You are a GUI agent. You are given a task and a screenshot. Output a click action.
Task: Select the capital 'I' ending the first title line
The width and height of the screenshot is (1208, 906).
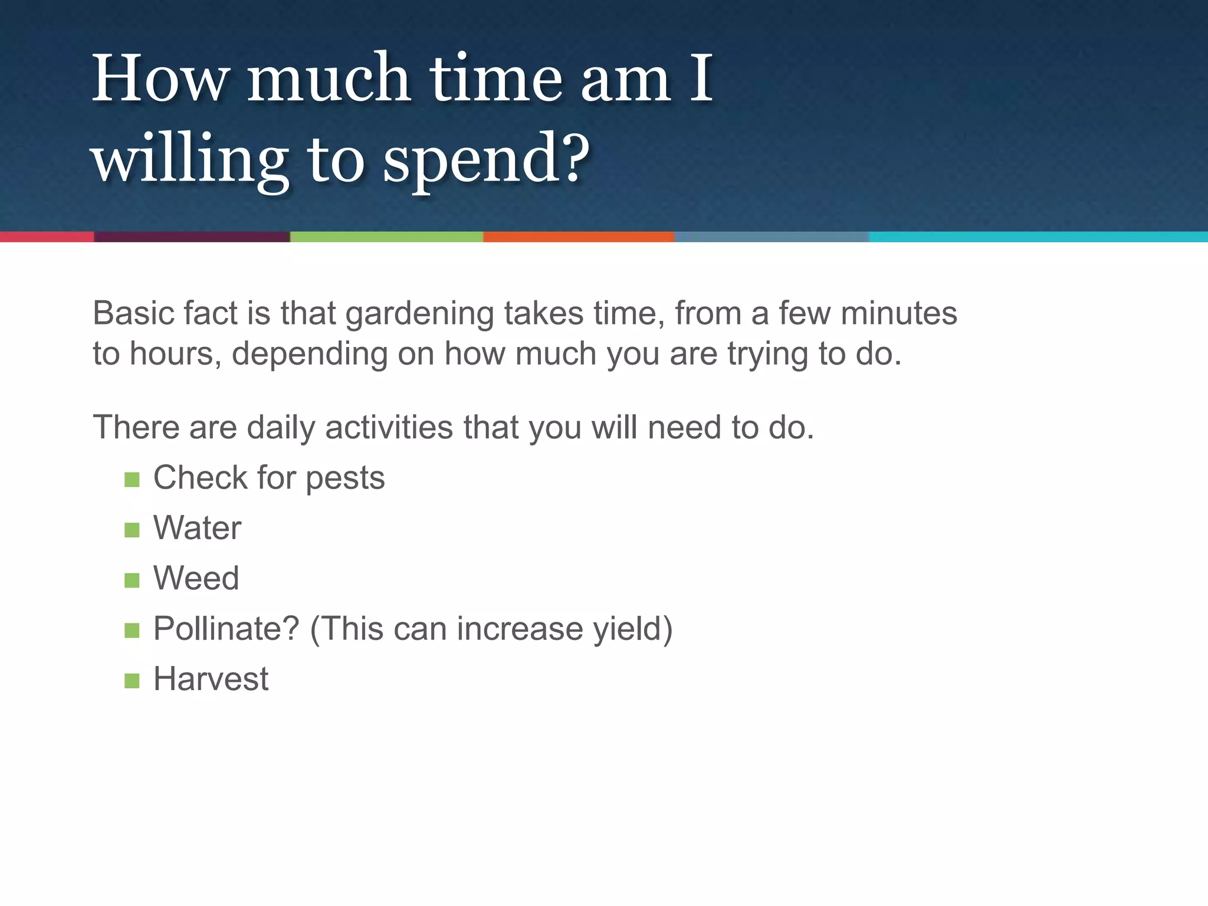(701, 78)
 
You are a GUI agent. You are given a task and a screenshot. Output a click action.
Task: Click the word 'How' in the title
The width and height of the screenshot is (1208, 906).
(159, 78)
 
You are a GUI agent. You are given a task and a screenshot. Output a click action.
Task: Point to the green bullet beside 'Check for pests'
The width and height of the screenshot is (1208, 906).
(132, 480)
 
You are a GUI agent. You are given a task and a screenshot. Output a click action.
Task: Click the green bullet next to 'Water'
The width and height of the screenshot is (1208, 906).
(132, 530)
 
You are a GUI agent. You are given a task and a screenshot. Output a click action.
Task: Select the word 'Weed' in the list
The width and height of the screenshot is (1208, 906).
(196, 578)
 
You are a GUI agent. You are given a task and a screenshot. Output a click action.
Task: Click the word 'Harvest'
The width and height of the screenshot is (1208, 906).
(211, 679)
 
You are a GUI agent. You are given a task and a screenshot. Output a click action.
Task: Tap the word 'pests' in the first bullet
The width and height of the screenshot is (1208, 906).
(345, 478)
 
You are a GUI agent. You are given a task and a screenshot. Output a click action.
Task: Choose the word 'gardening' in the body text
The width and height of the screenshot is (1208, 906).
(419, 314)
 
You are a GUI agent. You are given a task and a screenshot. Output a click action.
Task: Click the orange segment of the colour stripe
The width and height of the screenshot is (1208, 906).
(579, 237)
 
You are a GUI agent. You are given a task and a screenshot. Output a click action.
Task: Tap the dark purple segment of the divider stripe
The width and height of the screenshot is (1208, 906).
(192, 237)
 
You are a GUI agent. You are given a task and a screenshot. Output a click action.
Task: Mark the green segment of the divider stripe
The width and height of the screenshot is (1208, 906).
(386, 237)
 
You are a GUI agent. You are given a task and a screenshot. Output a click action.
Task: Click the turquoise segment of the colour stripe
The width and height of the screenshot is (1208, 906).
(1038, 237)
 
